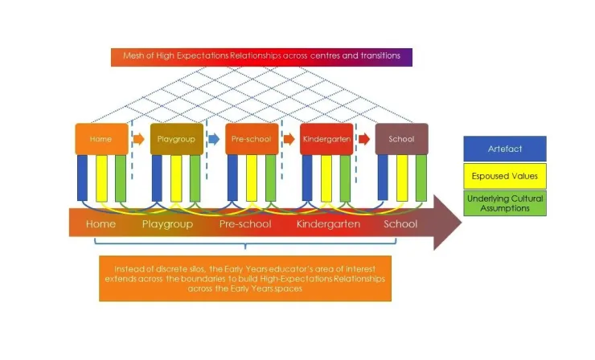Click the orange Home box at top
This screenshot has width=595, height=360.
(101, 139)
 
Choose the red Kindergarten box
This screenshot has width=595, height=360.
(326, 139)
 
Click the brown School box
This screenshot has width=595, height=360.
(401, 139)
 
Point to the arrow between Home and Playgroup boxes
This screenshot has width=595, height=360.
(138, 139)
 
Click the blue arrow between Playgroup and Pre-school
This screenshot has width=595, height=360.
(214, 139)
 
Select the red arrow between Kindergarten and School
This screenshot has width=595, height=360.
(364, 139)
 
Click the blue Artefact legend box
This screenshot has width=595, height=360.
(504, 149)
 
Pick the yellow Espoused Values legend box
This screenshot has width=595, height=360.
(504, 176)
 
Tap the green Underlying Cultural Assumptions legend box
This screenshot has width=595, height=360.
(504, 202)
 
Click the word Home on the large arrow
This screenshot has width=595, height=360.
(101, 224)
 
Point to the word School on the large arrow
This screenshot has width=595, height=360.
(400, 224)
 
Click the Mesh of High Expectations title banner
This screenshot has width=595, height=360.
(261, 57)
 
